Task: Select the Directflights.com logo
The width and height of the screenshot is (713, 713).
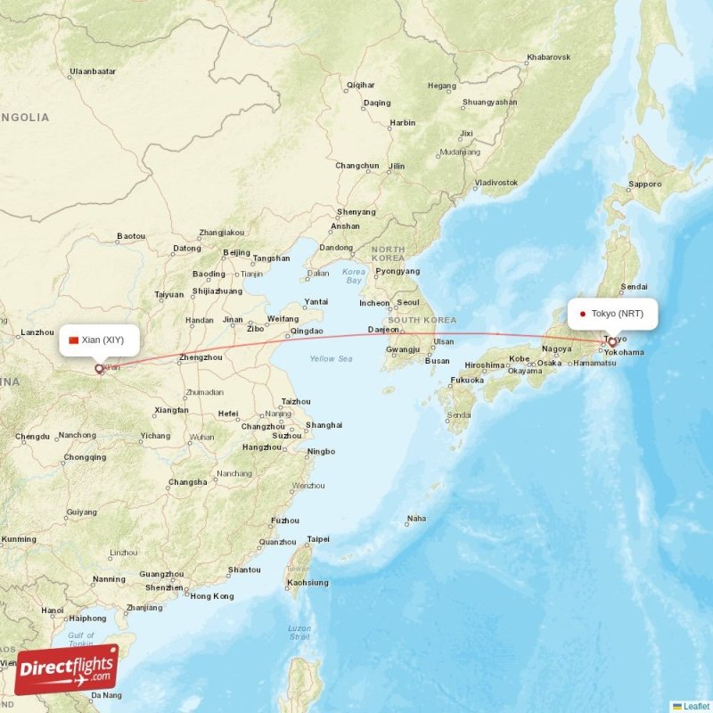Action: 67,668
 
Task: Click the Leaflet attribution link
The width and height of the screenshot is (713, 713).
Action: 696,706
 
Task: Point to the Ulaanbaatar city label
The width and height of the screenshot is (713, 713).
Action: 93,70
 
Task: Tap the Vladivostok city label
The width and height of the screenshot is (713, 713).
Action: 496,183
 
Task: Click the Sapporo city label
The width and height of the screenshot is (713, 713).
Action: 645,184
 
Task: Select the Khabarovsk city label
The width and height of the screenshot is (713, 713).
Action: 548,58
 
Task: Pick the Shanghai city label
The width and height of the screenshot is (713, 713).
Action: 324,425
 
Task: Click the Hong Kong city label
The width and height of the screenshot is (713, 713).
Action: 212,596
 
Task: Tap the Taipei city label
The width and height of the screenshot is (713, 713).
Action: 318,539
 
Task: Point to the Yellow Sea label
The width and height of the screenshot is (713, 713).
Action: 332,358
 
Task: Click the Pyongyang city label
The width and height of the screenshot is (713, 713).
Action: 397,271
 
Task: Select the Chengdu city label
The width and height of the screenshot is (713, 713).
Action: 32,437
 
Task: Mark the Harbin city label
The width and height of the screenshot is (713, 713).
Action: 403,123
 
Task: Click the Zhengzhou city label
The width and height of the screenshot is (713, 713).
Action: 201,358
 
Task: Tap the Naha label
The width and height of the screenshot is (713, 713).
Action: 416,519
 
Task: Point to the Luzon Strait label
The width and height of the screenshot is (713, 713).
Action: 299,633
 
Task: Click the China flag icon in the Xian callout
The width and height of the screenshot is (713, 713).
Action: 73,340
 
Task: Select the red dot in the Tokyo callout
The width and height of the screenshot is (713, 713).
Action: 582,314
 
